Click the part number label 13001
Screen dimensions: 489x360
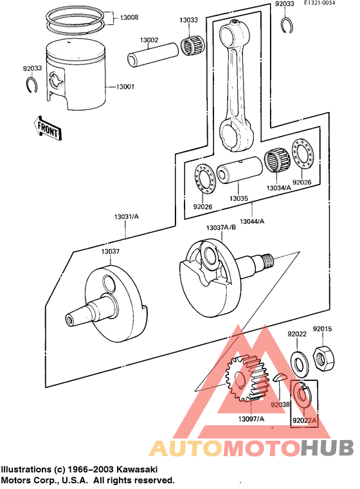tap(125, 87)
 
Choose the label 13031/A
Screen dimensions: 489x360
tap(128, 218)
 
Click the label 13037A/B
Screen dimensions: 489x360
tap(221, 228)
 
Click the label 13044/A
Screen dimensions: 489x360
tap(252, 221)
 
